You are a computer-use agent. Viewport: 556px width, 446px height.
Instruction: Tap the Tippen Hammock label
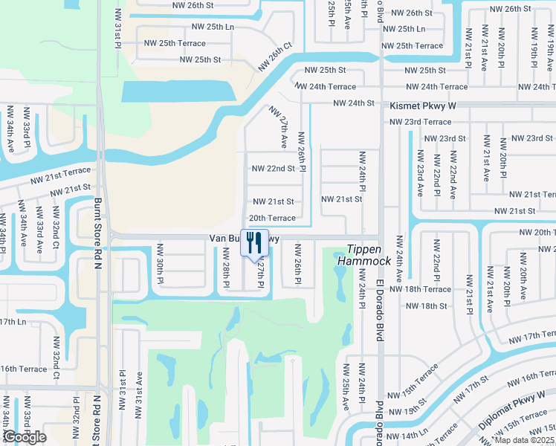click(364, 256)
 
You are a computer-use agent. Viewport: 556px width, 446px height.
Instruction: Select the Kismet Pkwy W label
click(422, 107)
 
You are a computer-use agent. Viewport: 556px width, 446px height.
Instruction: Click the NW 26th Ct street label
click(276, 56)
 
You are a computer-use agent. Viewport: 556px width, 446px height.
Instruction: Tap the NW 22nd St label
click(274, 169)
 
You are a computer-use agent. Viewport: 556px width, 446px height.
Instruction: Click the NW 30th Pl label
click(159, 265)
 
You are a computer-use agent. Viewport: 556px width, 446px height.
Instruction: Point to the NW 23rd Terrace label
click(421, 122)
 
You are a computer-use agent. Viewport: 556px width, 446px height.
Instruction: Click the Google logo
click(25, 438)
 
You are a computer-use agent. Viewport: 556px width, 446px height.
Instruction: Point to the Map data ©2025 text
click(524, 440)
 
